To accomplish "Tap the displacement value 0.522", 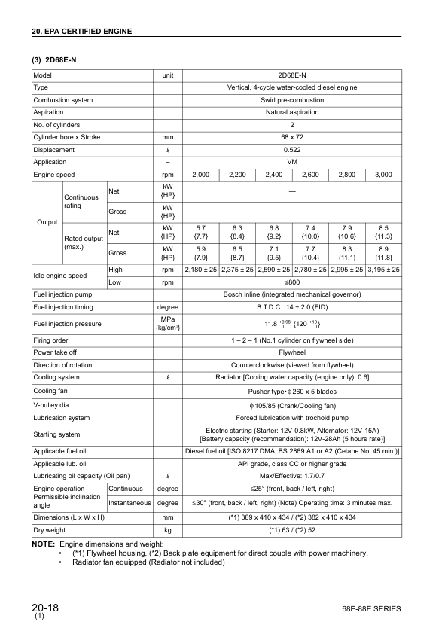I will point(292,149).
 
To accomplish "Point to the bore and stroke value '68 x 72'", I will point(292,137).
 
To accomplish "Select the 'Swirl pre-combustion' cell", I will point(292,100).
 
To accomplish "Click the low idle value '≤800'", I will point(292,282).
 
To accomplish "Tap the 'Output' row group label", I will point(45,222).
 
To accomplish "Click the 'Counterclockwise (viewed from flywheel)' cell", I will point(292,364).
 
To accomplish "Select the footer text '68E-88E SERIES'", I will point(371,609).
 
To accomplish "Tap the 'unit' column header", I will point(168,76).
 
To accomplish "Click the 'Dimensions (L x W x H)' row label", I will point(69,518).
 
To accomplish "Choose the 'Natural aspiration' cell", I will point(292,112).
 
